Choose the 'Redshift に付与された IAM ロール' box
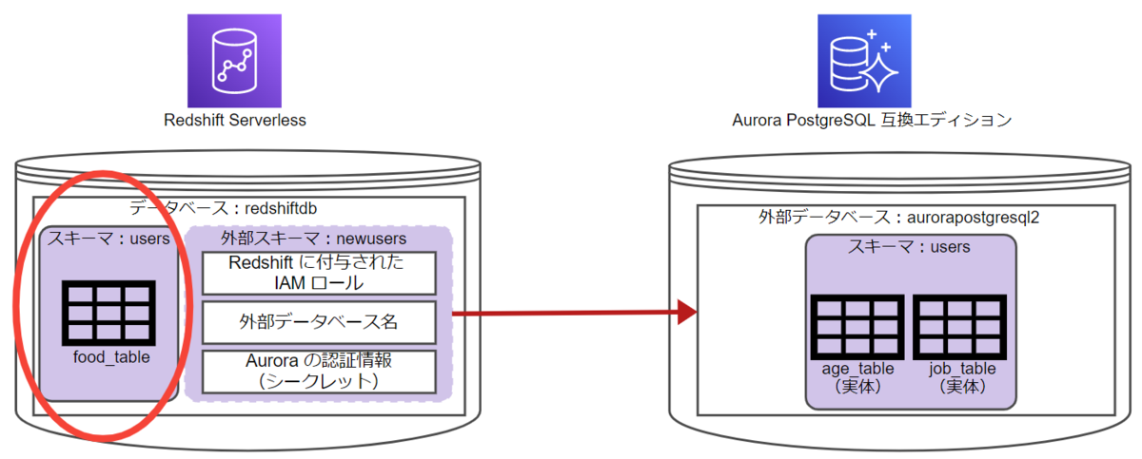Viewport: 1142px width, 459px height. tap(318, 273)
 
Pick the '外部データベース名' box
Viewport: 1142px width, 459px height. tap(318, 322)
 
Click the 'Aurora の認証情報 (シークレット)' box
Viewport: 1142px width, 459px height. tap(318, 372)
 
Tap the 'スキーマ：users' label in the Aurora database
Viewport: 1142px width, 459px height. tap(909, 247)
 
